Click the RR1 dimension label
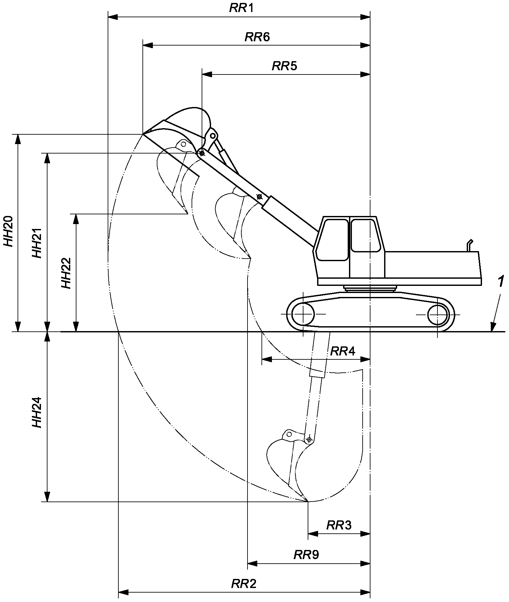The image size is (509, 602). point(241,8)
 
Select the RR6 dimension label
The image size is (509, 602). point(257,37)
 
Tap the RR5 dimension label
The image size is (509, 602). point(285,66)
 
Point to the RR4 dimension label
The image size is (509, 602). point(343,351)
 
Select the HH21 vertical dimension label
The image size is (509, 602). point(37,243)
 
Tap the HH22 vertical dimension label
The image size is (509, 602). point(66,273)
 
